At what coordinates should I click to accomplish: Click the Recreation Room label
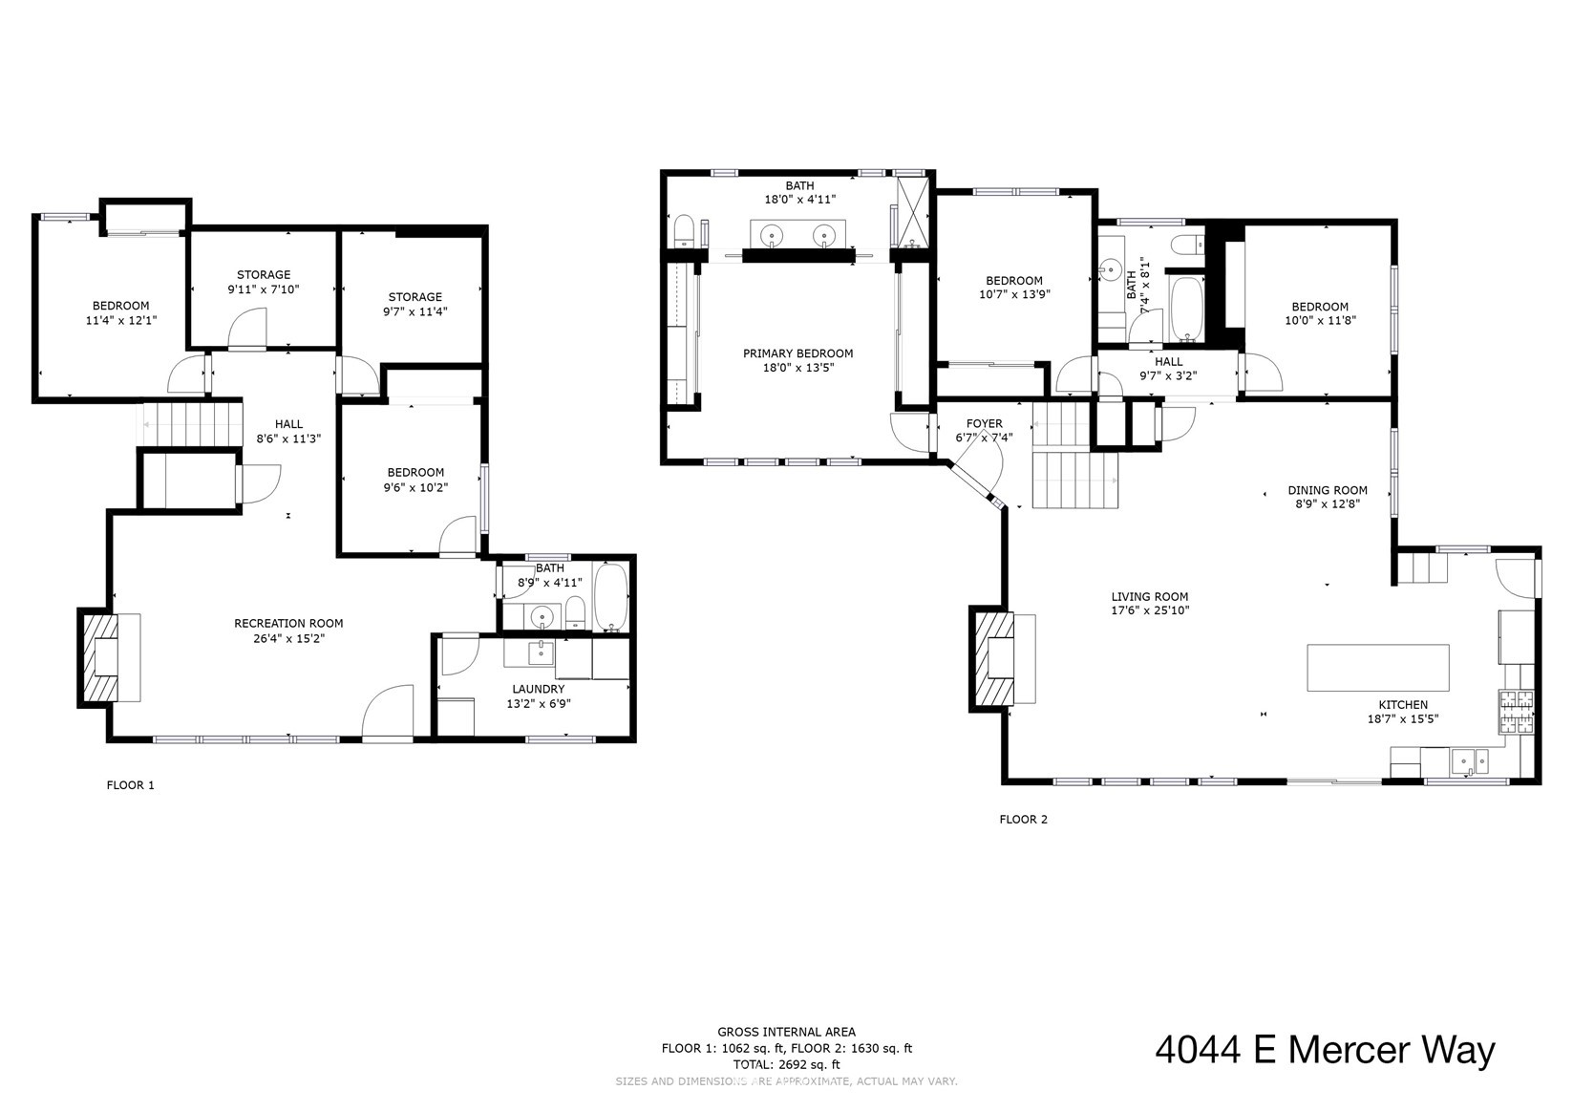tap(288, 623)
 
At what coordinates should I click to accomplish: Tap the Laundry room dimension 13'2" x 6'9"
tap(538, 703)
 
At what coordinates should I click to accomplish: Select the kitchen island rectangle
tap(1377, 668)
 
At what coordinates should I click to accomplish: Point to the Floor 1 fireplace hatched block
tap(98, 657)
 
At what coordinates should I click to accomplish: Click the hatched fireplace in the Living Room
tap(992, 658)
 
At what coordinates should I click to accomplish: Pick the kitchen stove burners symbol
tap(1517, 712)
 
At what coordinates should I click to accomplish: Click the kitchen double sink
tap(1469, 761)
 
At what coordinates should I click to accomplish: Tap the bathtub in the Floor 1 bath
tap(611, 598)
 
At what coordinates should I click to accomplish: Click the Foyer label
tap(984, 423)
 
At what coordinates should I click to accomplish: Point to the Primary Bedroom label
tap(797, 353)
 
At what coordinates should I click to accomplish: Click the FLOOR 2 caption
tap(1023, 819)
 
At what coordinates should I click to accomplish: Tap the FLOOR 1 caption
tap(130, 785)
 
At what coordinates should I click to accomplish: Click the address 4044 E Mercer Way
tap(1325, 1050)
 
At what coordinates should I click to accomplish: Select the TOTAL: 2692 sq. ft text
tap(786, 1064)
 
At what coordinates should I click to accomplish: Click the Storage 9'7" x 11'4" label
tap(415, 297)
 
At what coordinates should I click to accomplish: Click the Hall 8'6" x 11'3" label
tap(288, 424)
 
